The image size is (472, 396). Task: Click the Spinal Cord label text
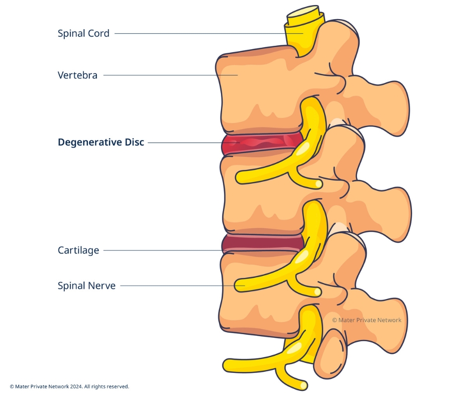click(x=83, y=34)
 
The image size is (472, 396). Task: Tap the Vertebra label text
click(x=77, y=75)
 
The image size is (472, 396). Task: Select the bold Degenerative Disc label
click(x=100, y=142)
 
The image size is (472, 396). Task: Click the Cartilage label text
click(x=78, y=250)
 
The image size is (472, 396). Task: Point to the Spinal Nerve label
click(x=86, y=286)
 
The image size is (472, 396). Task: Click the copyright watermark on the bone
click(x=367, y=320)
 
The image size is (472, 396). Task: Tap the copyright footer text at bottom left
click(x=69, y=386)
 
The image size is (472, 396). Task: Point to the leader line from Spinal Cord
click(x=201, y=34)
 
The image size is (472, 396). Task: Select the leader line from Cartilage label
click(x=161, y=250)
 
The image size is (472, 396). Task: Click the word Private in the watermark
click(x=370, y=320)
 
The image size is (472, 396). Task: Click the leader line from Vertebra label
click(x=166, y=75)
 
